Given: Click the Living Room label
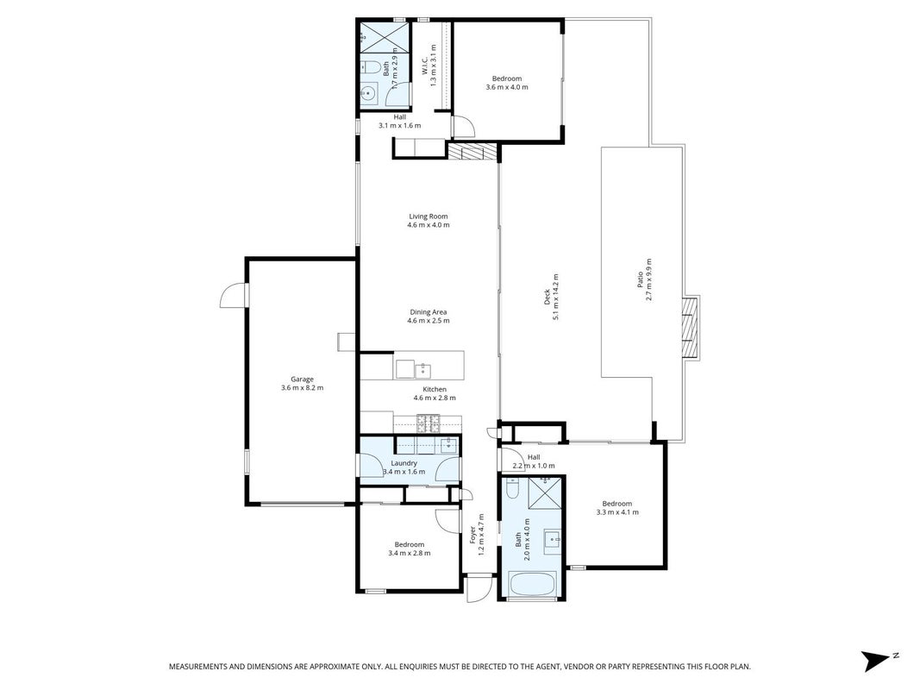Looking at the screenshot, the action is (x=429, y=216).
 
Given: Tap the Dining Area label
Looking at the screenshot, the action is (x=429, y=312).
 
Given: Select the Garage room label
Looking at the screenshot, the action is (x=302, y=379).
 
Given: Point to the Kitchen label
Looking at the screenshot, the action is (x=435, y=390).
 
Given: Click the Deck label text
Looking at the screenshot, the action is (x=547, y=297).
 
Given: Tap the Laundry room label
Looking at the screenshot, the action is (x=404, y=463).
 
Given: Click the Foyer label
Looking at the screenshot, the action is (x=473, y=535).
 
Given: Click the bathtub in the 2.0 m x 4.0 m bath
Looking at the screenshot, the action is (x=533, y=584).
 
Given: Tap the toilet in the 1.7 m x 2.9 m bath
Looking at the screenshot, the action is (x=369, y=66).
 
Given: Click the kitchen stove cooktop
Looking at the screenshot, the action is (x=429, y=420).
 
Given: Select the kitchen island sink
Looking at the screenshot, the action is (x=422, y=370).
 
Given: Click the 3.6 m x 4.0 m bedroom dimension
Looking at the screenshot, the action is (x=507, y=87).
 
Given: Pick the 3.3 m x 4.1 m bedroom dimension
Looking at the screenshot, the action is (x=617, y=512).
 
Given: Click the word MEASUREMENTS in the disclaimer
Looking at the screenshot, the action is (x=197, y=667).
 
